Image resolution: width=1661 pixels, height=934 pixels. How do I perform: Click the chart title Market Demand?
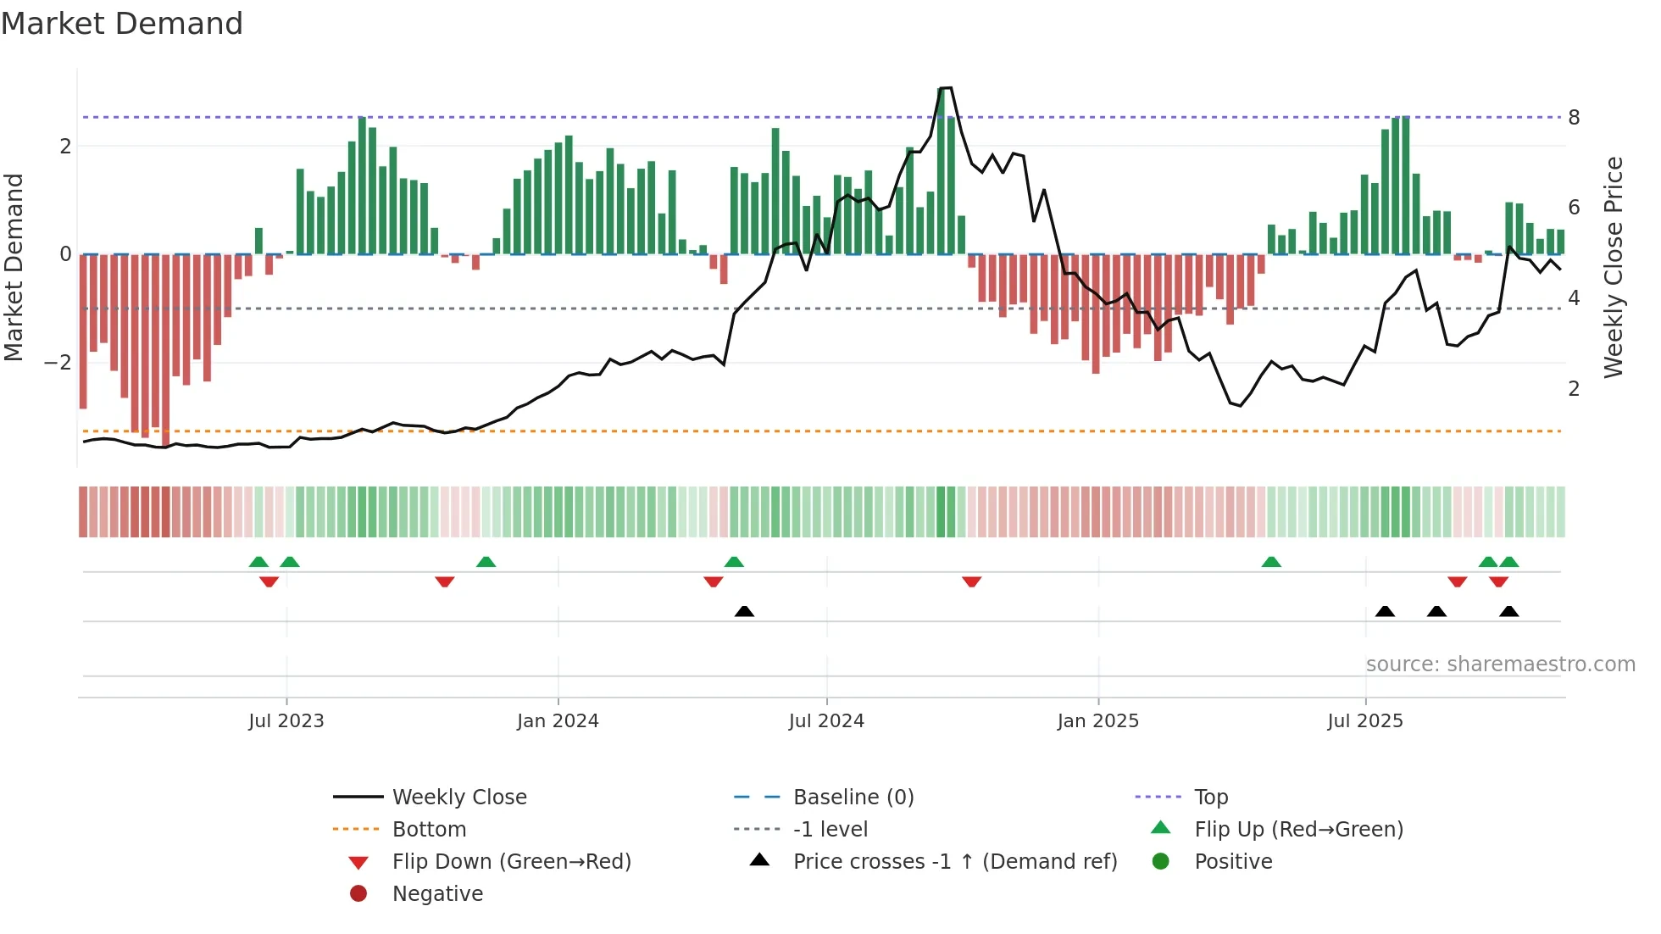(122, 24)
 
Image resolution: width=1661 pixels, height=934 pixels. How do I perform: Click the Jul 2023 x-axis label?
(286, 721)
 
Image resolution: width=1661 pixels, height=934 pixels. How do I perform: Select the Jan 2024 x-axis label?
(558, 721)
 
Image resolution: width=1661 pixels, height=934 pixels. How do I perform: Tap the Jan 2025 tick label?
(1098, 721)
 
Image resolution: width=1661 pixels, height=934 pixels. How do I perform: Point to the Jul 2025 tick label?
(1365, 721)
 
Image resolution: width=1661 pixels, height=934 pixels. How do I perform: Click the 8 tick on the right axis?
(1574, 118)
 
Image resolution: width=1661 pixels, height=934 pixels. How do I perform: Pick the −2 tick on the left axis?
(58, 363)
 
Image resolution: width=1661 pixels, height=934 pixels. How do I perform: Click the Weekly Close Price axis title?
(1614, 267)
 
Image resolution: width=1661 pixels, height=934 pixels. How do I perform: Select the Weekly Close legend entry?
(459, 798)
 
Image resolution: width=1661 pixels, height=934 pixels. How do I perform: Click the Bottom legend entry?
(429, 830)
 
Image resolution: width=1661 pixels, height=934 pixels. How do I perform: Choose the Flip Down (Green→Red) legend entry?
(511, 862)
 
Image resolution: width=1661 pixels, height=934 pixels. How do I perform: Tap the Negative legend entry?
(437, 894)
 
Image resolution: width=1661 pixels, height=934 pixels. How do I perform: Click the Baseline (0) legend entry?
(853, 798)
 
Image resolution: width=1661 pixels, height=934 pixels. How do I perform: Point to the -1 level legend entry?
(830, 830)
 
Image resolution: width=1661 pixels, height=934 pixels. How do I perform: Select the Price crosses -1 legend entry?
(955, 862)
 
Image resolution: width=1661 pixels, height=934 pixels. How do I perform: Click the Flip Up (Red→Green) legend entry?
(1298, 830)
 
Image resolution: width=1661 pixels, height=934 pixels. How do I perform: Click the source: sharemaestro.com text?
(1500, 664)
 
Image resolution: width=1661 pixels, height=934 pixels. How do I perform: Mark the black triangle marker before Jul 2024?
(744, 612)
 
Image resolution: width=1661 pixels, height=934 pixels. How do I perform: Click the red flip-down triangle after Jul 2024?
(972, 581)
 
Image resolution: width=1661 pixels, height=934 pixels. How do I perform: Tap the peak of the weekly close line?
(946, 88)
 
